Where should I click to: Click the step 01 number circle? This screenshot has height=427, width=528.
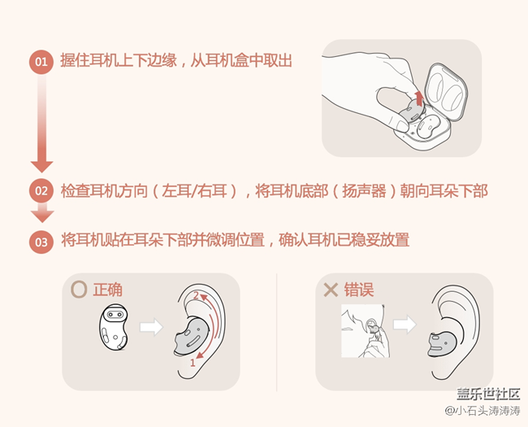click(41, 62)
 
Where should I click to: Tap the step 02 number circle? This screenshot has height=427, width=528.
click(41, 191)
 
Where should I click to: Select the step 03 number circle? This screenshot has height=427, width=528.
click(41, 241)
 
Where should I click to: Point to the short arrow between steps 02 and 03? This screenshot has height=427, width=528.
click(41, 214)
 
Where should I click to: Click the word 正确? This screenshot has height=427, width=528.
click(108, 289)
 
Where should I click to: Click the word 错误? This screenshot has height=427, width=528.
click(357, 289)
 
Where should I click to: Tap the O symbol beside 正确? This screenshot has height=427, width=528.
click(79, 289)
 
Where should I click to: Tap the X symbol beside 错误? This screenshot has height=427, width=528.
click(331, 289)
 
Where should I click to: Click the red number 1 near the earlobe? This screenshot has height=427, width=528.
click(193, 364)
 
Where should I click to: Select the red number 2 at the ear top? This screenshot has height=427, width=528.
click(195, 294)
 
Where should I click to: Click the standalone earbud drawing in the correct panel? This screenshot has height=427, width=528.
click(113, 328)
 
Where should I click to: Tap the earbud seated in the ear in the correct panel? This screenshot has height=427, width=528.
click(192, 338)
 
